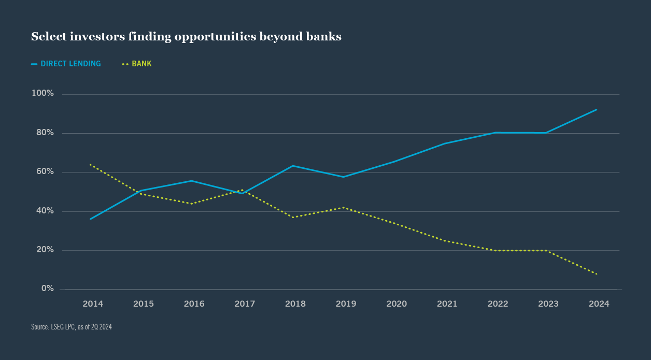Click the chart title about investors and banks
(186, 37)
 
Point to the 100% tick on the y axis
(43, 93)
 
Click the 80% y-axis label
(45, 133)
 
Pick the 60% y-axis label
(45, 171)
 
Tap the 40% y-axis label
(45, 211)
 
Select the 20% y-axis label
(45, 250)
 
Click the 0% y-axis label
(48, 289)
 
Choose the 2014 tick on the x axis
(93, 304)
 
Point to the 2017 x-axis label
(245, 304)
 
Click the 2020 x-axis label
(397, 304)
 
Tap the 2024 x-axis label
(599, 304)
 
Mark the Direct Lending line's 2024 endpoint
(597, 110)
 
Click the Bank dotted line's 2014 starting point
(91, 165)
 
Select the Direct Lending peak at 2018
(293, 166)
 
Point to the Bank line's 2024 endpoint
(597, 274)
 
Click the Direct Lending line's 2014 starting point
(91, 219)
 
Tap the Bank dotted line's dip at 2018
(293, 217)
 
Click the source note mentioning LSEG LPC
(72, 327)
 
